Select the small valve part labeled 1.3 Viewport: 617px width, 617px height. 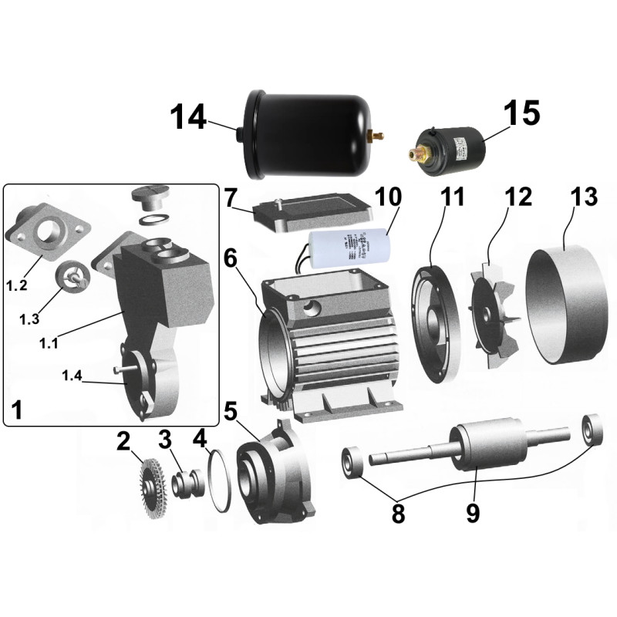(x=70, y=276)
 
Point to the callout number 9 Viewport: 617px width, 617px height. (x=472, y=513)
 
